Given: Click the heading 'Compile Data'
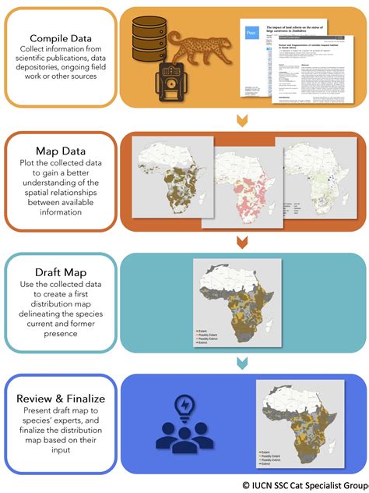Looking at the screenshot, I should [60, 37].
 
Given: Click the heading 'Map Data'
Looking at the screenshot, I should [60, 149].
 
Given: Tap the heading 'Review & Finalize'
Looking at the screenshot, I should [60, 399].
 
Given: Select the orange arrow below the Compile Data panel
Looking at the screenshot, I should [242, 119].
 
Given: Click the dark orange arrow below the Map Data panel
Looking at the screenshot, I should [242, 241].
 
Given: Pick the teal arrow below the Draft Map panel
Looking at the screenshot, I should [242, 363].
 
